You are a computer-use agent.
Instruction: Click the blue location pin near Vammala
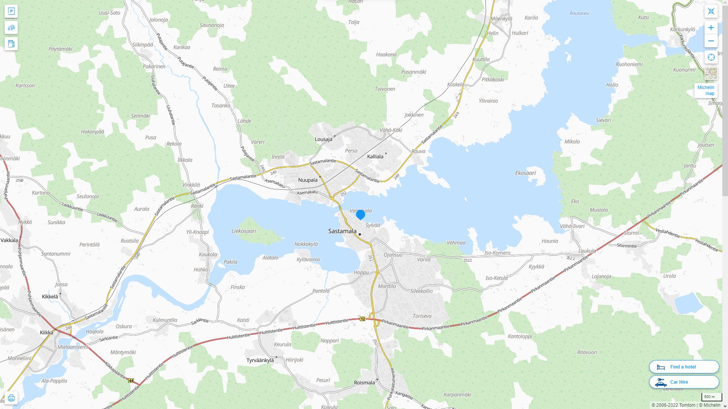coord(361,214)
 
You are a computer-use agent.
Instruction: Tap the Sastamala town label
coord(342,231)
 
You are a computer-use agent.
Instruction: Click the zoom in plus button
coord(711,28)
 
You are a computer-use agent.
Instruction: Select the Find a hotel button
coord(684,367)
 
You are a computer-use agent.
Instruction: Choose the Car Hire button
coord(684,382)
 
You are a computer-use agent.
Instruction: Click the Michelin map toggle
coord(706,91)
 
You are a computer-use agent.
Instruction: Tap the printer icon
coord(11,398)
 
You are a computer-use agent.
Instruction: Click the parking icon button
coord(11,11)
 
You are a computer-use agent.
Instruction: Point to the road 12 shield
coord(363,319)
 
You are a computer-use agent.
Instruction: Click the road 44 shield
coord(131,381)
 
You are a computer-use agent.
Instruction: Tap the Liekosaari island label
coord(244,231)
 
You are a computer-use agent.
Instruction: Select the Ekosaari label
coord(525,173)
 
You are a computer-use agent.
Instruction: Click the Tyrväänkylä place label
coord(260,360)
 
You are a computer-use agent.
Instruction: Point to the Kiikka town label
coord(47,333)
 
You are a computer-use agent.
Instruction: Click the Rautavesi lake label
coord(579,13)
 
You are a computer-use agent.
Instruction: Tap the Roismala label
coord(364,382)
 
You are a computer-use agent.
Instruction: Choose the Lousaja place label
coord(323,139)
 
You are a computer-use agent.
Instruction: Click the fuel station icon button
coord(11,44)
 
